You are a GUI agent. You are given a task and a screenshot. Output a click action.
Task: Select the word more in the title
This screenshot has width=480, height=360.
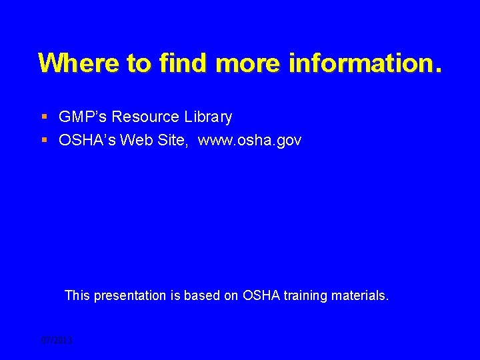point(249,63)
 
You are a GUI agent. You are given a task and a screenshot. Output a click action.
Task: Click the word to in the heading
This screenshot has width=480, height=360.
point(139,63)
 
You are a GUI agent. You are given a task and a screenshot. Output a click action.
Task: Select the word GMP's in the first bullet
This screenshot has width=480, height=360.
point(83,117)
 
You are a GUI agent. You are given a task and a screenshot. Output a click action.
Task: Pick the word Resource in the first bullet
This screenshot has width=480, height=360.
point(145,117)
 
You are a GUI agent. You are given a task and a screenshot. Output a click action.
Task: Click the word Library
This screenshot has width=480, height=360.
point(208,117)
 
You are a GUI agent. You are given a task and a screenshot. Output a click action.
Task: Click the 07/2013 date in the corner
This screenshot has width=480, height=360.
point(56,341)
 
